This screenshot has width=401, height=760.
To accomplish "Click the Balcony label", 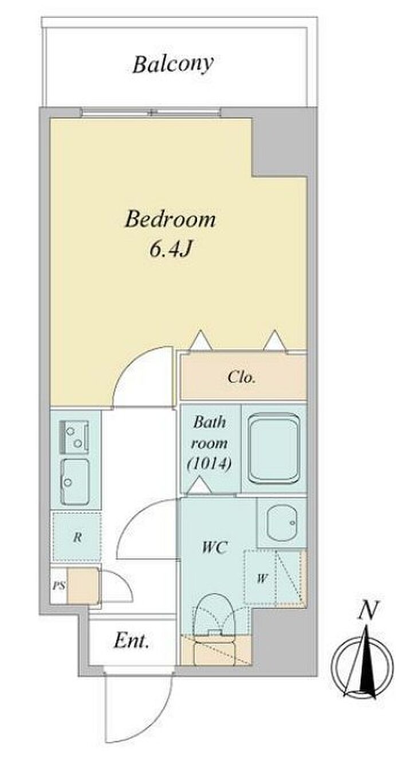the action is (173, 65).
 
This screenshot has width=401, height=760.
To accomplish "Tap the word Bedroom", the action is (170, 219).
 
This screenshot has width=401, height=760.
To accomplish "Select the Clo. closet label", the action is (241, 377).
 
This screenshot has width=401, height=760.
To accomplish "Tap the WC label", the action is (214, 547).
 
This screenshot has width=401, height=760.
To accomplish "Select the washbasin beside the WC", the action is (282, 523).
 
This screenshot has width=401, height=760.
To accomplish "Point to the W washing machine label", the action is (261, 578).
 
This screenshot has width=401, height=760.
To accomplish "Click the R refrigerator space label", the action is (77, 537).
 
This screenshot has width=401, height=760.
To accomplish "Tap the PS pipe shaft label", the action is (58, 585).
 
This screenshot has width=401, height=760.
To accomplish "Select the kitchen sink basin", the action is (75, 482).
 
